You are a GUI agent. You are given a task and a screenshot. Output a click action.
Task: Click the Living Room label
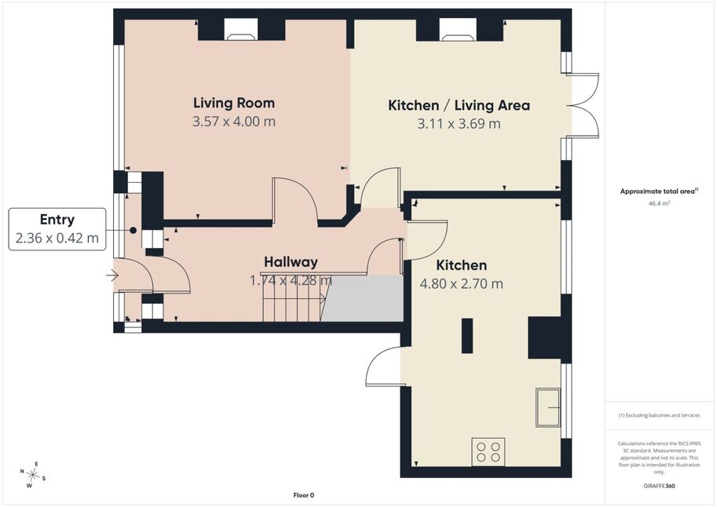pos(234,104)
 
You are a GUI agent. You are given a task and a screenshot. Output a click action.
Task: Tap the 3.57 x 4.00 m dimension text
pos(234,122)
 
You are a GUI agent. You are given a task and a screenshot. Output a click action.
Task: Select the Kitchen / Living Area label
pos(459,106)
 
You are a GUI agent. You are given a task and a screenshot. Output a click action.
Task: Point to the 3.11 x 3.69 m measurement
pos(459,124)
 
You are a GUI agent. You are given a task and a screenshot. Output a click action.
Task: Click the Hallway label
pos(291,262)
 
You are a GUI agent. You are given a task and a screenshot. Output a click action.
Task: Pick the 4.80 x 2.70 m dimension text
pos(462,284)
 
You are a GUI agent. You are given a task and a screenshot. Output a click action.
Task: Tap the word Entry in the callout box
pos(57,220)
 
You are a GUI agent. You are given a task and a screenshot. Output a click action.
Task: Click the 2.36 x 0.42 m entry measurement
pos(57,238)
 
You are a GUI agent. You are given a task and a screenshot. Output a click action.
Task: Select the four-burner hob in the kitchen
pos(488,452)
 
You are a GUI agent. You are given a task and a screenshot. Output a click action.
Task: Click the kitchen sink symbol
pos(548,407)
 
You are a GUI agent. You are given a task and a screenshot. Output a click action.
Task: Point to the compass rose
pos(32,475)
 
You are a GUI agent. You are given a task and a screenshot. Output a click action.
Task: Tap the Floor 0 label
pos(304,495)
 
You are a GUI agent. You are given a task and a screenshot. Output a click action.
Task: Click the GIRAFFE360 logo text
pos(659,486)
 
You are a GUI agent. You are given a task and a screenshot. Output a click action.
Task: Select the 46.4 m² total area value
pos(659,203)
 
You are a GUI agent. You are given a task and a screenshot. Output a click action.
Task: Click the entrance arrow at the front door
pos(112,275)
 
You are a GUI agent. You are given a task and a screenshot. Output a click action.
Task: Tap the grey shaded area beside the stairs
pos(363,298)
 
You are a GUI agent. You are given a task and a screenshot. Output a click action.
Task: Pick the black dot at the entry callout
pos(133,231)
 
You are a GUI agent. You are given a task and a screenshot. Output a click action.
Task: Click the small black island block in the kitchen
pos(466,336)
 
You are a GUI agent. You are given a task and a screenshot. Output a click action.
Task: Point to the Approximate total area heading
pos(659,191)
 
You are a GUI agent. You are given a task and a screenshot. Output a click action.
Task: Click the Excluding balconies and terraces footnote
pos(659,415)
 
